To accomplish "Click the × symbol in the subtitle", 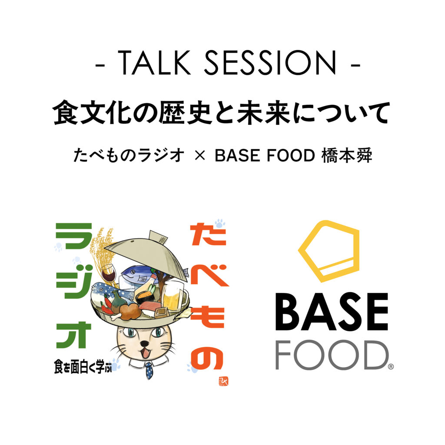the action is (x=200, y=156).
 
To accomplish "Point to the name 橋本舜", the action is (x=346, y=156).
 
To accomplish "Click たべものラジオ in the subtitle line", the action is (x=129, y=156).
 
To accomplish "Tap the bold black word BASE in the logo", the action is (x=332, y=312).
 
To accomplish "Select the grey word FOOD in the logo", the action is (x=332, y=355).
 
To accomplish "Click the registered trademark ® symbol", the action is (x=391, y=367).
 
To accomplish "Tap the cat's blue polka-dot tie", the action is (x=149, y=370).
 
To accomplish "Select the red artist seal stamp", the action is (x=224, y=381).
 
